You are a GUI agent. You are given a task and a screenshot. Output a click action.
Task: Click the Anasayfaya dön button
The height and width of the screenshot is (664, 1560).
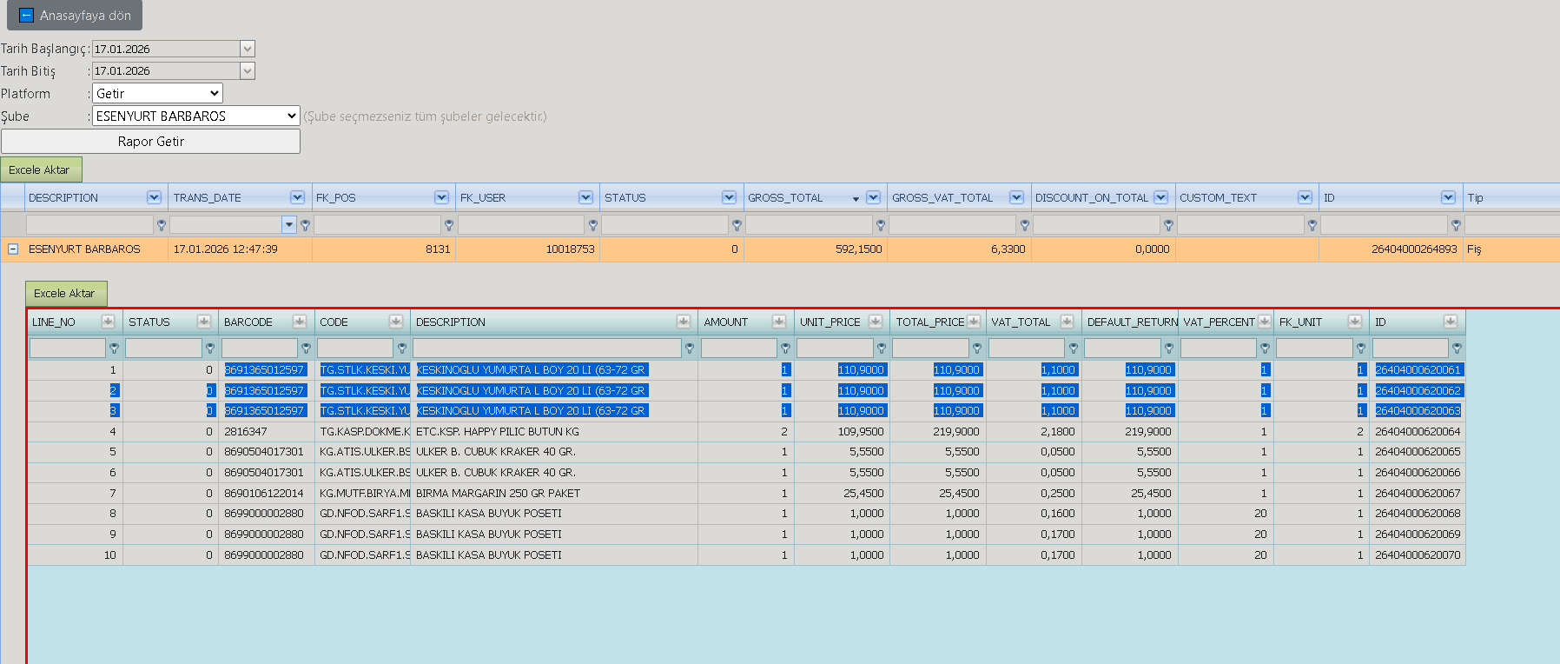[x=75, y=16]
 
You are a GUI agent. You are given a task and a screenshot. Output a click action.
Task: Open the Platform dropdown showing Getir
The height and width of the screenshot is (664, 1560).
[x=157, y=93]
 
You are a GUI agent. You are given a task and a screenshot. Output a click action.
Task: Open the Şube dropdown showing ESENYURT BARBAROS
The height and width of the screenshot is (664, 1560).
[x=196, y=116]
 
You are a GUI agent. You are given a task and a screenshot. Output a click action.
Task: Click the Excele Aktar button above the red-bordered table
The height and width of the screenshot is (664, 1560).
[x=66, y=294]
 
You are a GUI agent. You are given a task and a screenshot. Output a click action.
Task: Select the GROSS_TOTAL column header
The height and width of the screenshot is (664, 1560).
[x=785, y=198]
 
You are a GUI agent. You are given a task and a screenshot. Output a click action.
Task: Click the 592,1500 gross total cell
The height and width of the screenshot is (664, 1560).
[x=858, y=249]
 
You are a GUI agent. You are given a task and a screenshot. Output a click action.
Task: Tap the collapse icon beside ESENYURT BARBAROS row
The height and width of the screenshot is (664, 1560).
[x=13, y=249]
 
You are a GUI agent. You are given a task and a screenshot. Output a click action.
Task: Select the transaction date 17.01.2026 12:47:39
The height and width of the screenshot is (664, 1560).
[x=226, y=249]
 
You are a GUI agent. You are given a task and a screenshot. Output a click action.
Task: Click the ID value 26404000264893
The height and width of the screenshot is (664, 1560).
[x=1414, y=249]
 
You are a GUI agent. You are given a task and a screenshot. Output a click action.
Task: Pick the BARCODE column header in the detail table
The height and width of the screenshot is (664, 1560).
[x=248, y=322]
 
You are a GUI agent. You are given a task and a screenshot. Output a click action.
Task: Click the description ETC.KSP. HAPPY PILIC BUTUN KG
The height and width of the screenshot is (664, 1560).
[x=498, y=431]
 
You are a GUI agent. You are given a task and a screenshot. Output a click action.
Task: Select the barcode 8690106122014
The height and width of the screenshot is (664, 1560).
[x=264, y=493]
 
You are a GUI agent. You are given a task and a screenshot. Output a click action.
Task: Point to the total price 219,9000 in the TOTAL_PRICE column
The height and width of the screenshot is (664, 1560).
[x=956, y=431]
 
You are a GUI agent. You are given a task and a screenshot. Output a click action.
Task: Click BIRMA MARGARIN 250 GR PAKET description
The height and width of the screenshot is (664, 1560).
[x=498, y=493]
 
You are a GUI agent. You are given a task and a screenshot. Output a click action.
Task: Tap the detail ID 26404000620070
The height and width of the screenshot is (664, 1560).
[x=1418, y=554]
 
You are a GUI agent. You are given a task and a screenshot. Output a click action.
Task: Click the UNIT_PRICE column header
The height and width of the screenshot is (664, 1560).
[x=830, y=322]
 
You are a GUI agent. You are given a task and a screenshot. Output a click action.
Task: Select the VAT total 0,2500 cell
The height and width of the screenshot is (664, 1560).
[x=1058, y=493]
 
